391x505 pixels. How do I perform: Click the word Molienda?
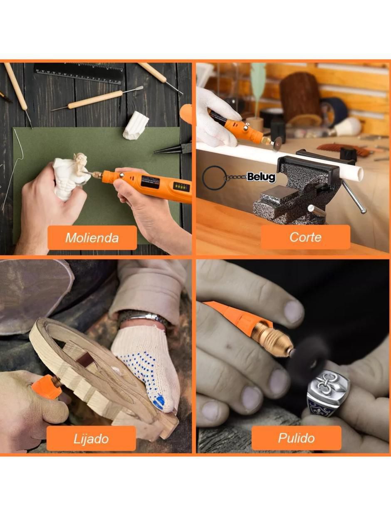click(92, 238)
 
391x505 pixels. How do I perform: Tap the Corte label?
click(305, 237)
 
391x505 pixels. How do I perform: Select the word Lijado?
click(91, 439)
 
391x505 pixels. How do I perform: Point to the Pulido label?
click(297, 438)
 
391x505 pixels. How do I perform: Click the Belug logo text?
click(261, 177)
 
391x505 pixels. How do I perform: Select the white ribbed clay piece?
click(136, 125)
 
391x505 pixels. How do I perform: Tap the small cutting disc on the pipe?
click(277, 144)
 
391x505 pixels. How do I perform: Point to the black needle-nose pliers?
click(173, 149)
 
